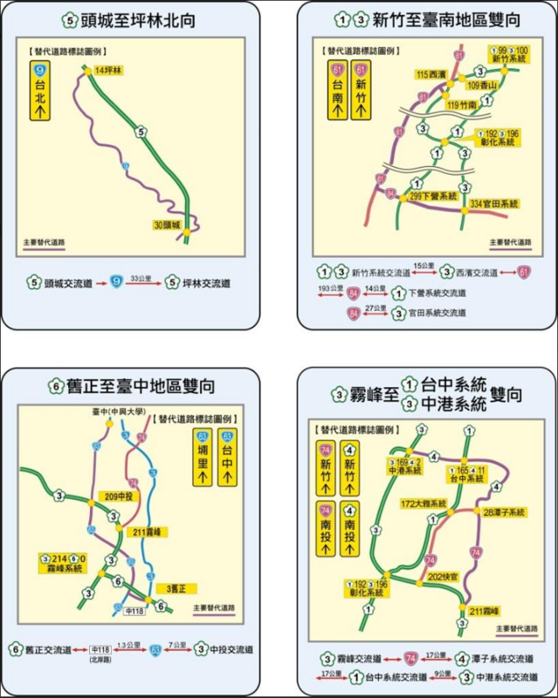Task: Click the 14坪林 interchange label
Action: [109, 69]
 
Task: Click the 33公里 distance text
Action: [139, 277]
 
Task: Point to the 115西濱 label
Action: [434, 74]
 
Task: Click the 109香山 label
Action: [482, 85]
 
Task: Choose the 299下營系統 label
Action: [433, 197]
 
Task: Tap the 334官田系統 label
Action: [494, 204]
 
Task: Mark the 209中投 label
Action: [115, 496]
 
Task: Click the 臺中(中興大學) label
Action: [120, 411]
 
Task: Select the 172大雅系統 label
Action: [424, 504]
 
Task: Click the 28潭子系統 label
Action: [504, 512]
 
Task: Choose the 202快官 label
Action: [444, 577]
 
